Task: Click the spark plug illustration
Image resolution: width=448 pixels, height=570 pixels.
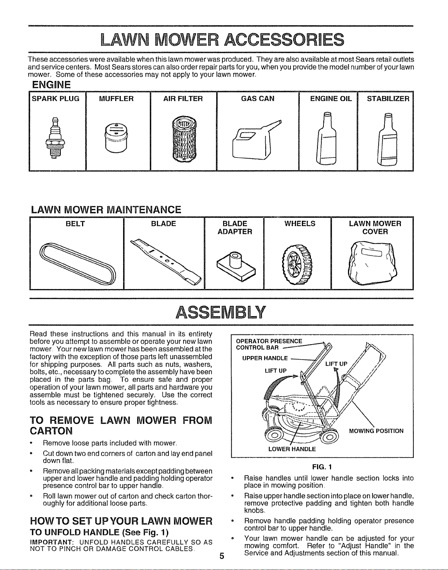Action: [x=55, y=138]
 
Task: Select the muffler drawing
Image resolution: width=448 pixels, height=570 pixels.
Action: [x=116, y=137]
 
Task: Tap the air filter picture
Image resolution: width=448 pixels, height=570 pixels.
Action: [x=184, y=139]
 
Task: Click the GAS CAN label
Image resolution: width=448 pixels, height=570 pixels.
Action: [x=257, y=99]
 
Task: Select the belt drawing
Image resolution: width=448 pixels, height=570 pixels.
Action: [x=77, y=264]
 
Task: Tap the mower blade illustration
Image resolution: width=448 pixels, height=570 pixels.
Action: [x=166, y=261]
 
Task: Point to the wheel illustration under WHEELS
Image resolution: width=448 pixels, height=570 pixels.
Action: [x=297, y=264]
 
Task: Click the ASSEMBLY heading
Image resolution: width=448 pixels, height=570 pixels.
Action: [x=221, y=312]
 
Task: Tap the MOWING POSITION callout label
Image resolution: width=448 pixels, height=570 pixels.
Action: [x=376, y=431]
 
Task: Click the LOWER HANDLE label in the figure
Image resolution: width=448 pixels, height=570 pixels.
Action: [x=292, y=449]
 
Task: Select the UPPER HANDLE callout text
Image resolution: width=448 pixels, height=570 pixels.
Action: [x=265, y=358]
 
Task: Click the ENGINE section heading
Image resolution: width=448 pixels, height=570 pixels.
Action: [x=51, y=85]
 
